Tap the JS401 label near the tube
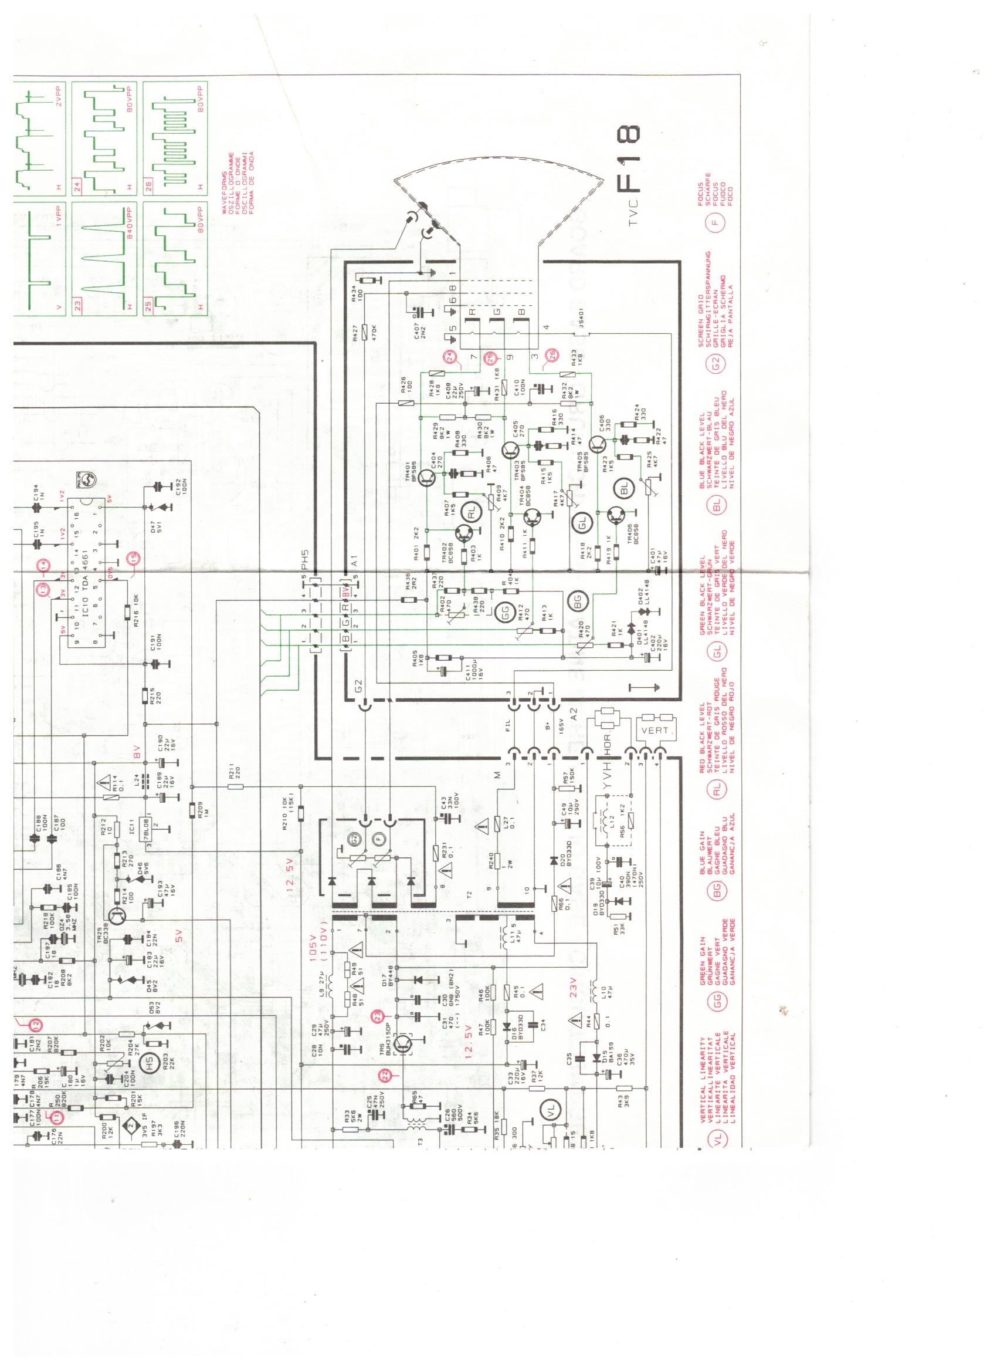point(581,333)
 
